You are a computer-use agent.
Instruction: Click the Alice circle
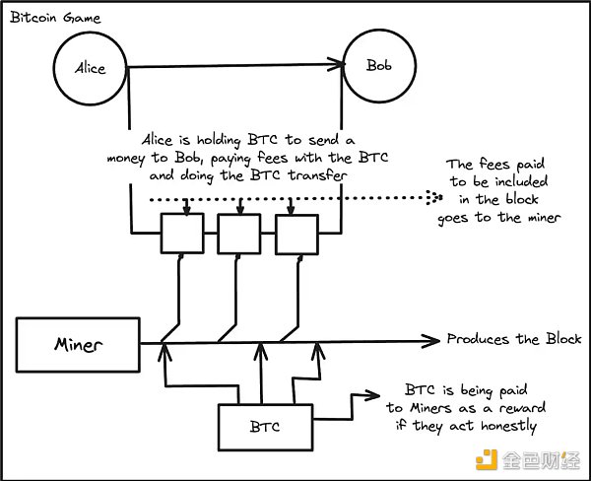[91, 68]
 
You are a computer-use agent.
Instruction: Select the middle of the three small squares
[236, 233]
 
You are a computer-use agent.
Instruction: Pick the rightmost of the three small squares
[294, 233]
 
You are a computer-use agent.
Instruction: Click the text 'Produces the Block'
[514, 339]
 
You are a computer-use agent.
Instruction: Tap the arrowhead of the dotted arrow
[432, 198]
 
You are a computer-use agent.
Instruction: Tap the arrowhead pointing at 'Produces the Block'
[431, 340]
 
